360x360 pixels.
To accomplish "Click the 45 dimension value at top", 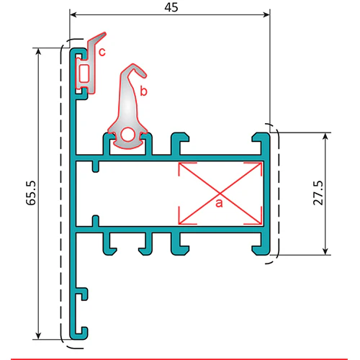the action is (x=171, y=7).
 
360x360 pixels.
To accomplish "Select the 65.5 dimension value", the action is (x=31, y=193).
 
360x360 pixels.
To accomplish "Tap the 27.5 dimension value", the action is (x=318, y=193).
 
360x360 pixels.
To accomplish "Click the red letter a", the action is (x=219, y=204).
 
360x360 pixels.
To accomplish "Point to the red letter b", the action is (x=143, y=91).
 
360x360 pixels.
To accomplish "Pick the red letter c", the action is (x=102, y=52).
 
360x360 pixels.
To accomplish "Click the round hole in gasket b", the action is (x=127, y=135).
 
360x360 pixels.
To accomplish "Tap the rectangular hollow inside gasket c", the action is (x=84, y=73).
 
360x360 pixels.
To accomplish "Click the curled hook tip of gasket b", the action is (x=143, y=73).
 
